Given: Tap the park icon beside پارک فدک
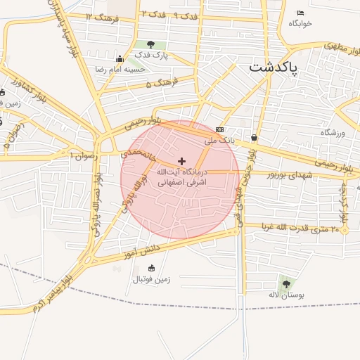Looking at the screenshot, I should (150, 46).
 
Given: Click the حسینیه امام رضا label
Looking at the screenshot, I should (120, 70).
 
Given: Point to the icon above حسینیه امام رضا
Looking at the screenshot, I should (120, 59).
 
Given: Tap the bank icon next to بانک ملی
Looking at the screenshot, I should (220, 129).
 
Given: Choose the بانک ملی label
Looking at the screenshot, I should (218, 140).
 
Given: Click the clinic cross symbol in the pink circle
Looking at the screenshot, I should (181, 162).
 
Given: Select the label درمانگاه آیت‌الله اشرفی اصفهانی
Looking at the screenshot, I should (181, 176).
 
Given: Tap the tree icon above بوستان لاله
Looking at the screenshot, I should (286, 283).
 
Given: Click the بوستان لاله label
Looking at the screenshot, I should (286, 295).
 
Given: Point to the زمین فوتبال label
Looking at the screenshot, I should (151, 279).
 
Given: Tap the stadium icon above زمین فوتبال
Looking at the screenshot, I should (151, 268).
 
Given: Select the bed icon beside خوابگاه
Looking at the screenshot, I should (301, 13).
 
